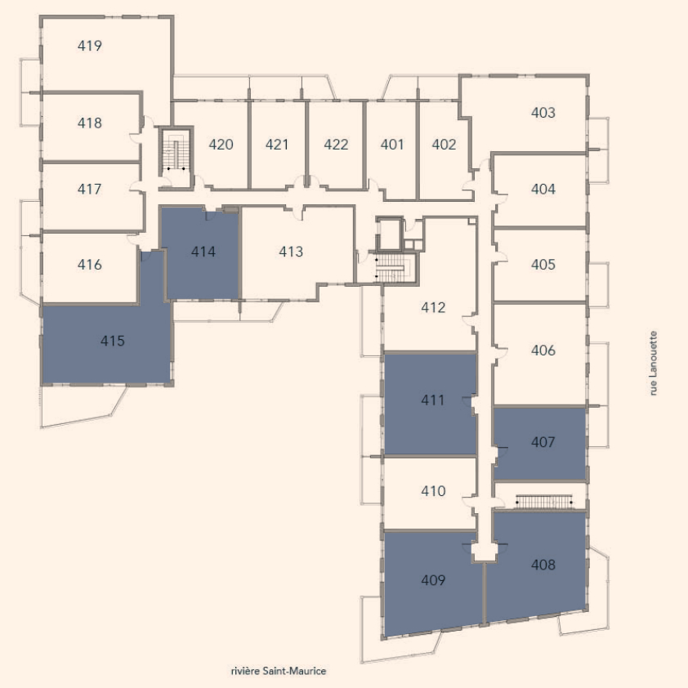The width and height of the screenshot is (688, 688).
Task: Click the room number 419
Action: pyautogui.click(x=90, y=46)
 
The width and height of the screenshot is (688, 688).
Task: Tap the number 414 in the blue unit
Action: pyautogui.click(x=203, y=252)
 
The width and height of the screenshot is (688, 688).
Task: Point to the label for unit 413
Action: pyautogui.click(x=291, y=252)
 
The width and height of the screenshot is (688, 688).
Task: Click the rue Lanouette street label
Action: pyautogui.click(x=654, y=364)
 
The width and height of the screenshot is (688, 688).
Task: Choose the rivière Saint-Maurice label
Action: pyautogui.click(x=278, y=671)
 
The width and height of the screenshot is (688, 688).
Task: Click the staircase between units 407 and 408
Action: pyautogui.click(x=544, y=502)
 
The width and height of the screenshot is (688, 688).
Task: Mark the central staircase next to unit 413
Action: pyautogui.click(x=393, y=268)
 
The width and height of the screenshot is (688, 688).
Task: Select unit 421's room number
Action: pyautogui.click(x=277, y=145)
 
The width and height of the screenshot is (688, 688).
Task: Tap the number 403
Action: pyautogui.click(x=543, y=113)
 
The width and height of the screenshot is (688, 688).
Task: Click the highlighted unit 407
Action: pyautogui.click(x=540, y=443)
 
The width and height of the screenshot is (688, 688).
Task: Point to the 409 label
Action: pyautogui.click(x=433, y=580)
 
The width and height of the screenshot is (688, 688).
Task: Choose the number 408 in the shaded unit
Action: pyautogui.click(x=543, y=565)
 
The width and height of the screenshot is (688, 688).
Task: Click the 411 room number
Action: pyautogui.click(x=432, y=400)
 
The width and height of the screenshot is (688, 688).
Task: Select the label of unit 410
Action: pyautogui.click(x=433, y=490)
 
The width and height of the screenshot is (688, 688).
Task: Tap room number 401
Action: pyautogui.click(x=392, y=145)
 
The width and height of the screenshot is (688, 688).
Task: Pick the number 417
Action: pyautogui.click(x=89, y=189)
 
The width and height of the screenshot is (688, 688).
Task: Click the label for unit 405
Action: pyautogui.click(x=543, y=265)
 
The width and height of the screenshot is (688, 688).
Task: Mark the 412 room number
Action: pyautogui.click(x=433, y=307)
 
